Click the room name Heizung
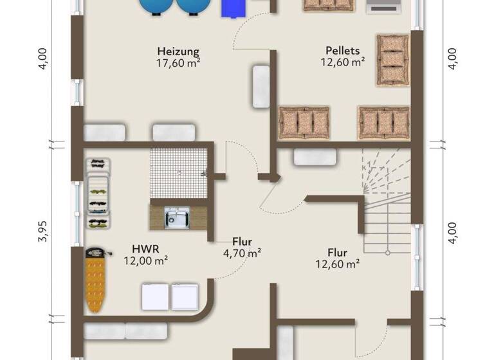(178, 51)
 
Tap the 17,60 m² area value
(178, 63)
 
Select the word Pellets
(343, 50)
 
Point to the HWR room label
(146, 249)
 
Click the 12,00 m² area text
(146, 260)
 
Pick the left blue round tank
(156, 6)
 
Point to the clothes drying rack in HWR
(98, 193)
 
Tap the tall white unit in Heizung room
(261, 86)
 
